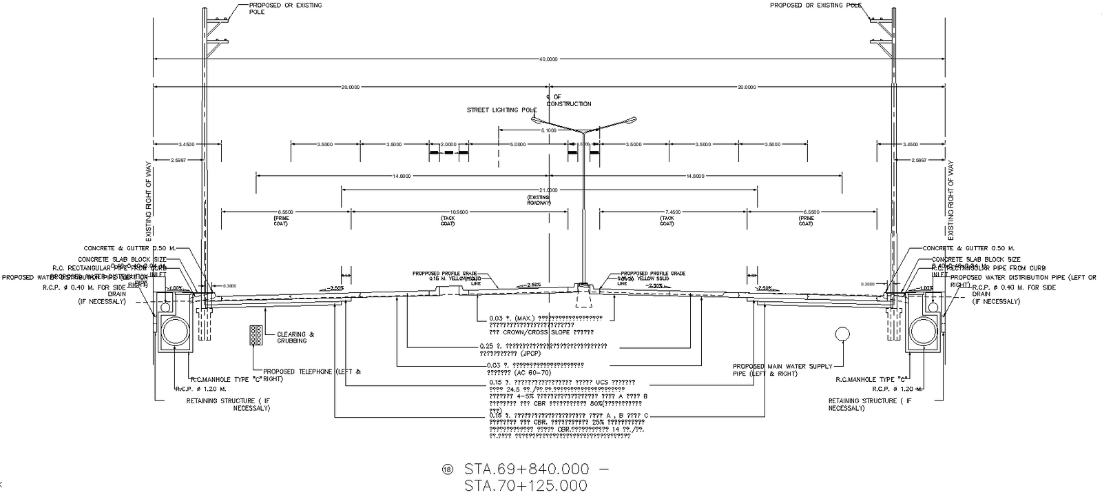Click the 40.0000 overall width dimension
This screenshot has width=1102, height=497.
coord(548,59)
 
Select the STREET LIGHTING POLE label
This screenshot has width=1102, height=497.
coord(501,110)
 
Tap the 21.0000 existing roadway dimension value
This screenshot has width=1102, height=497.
coord(548,190)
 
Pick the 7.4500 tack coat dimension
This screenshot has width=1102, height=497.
coord(666,212)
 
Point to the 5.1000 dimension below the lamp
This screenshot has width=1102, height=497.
coord(549,130)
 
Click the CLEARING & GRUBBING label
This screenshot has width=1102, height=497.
coord(295,338)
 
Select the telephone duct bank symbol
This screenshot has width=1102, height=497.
coord(256,335)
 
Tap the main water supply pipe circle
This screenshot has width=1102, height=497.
coord(842,334)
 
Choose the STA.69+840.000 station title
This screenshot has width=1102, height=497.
coord(527,469)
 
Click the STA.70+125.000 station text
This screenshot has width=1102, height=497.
coord(526,486)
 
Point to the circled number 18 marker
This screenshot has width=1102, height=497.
coord(448,469)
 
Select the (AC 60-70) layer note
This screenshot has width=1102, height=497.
coord(510,372)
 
